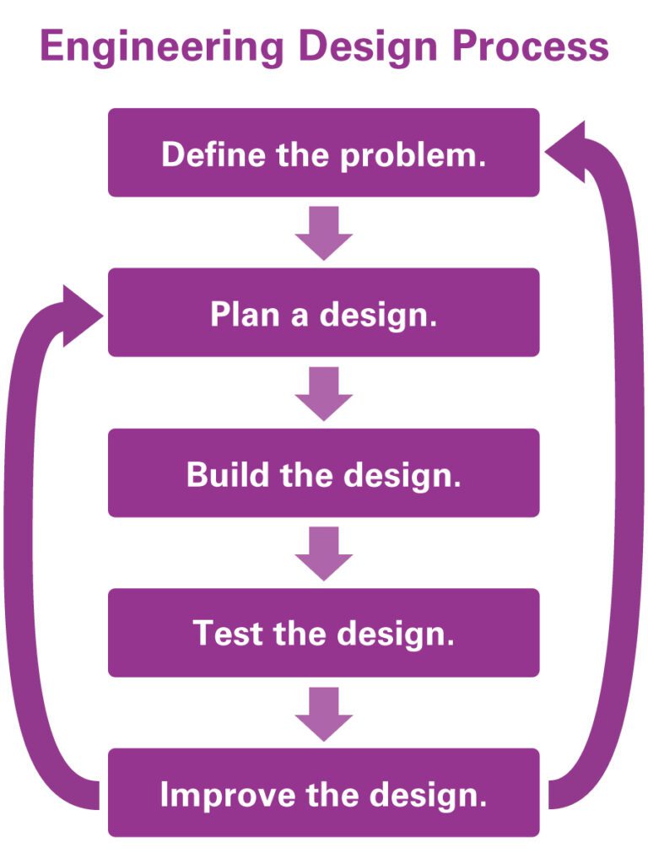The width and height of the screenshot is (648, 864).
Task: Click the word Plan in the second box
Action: pos(240,314)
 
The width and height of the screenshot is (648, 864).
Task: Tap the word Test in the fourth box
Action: pos(222,633)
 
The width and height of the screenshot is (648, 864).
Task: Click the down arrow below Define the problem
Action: pos(323,232)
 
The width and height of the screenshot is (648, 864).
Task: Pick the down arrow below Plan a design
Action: pos(323,392)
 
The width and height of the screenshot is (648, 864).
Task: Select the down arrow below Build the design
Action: pos(323,553)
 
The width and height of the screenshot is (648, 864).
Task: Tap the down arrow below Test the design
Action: pos(323,713)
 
